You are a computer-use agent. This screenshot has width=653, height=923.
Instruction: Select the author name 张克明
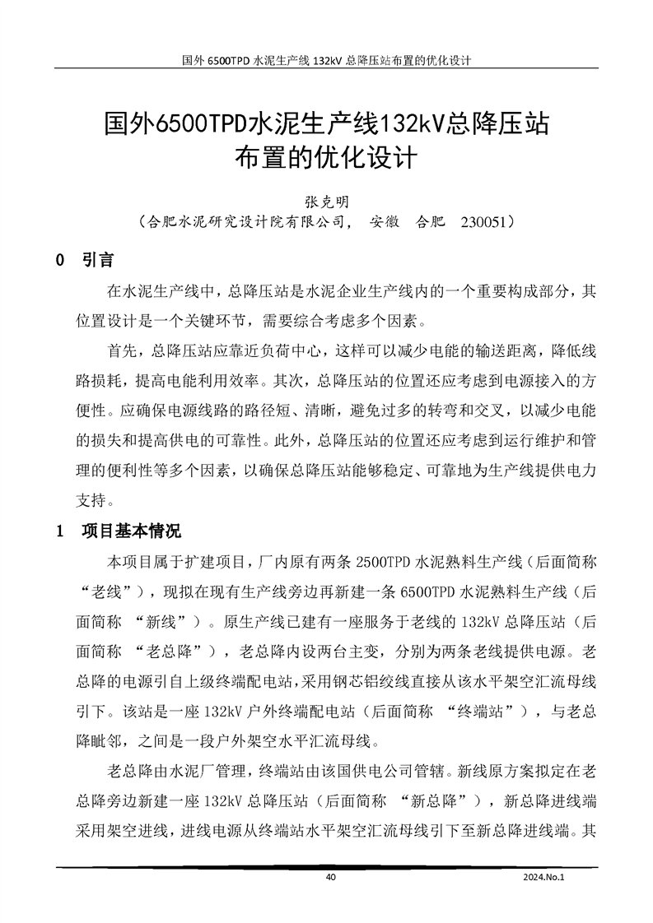pyautogui.click(x=327, y=200)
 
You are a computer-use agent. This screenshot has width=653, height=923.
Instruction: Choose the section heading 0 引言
pyautogui.click(x=85, y=261)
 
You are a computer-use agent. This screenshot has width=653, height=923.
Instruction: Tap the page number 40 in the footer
pyautogui.click(x=331, y=878)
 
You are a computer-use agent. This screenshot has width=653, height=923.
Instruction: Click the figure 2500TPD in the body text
pyautogui.click(x=384, y=562)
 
